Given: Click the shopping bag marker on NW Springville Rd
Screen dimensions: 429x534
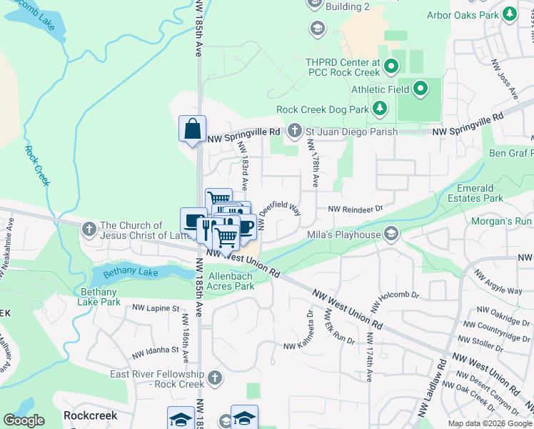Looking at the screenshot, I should point(192,130).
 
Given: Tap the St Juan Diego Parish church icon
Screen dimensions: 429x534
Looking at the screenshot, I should point(295,131).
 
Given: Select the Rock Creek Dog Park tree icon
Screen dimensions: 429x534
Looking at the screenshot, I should point(381,109).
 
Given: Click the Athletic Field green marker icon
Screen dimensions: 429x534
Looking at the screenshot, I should point(420,89).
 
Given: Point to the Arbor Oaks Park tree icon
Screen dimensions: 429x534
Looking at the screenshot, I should point(509,14).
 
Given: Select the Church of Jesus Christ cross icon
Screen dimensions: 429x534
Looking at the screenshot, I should point(89,230).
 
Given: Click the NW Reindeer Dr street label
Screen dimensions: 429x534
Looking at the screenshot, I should point(356,209).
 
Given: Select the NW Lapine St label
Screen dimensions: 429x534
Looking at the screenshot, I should point(156,308).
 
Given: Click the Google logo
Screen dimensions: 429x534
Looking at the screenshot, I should point(24,420).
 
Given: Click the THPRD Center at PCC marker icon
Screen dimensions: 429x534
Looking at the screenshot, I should point(391,68).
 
